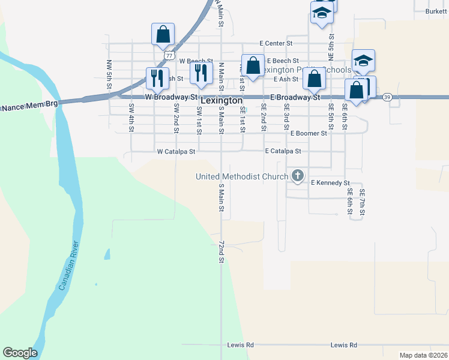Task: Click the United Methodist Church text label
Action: [242, 176]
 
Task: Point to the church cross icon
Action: [297, 176]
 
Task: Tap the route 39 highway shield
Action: [387, 97]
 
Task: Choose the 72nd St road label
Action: [221, 252]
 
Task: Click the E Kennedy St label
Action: [330, 182]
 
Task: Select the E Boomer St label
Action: [308, 133]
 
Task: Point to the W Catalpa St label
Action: [176, 152]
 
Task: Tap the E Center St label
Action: [276, 44]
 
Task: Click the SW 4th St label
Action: [131, 117]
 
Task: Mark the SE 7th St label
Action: [362, 203]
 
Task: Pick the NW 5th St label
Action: [110, 74]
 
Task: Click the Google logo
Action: [20, 353]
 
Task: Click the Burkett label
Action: [436, 11]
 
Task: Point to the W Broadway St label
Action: [171, 97]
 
